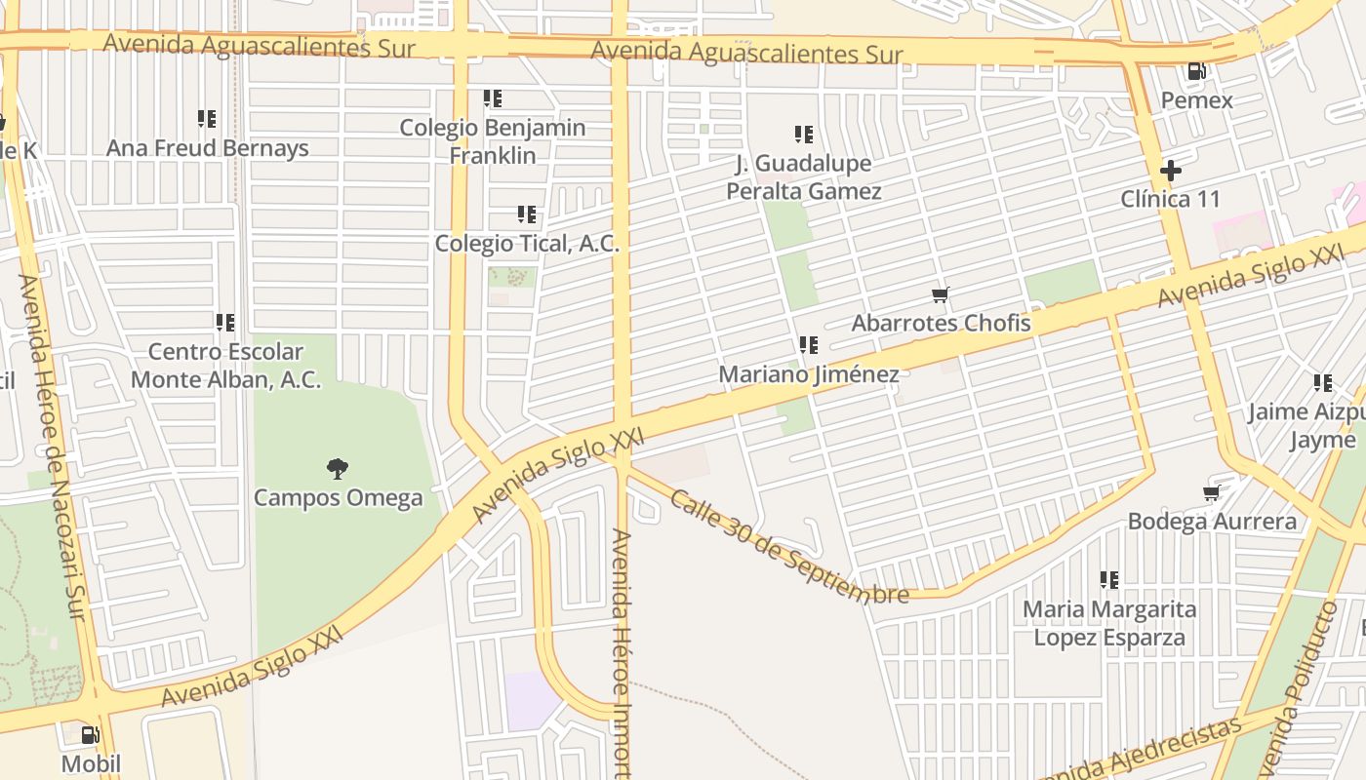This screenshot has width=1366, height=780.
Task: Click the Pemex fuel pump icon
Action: (1196, 71)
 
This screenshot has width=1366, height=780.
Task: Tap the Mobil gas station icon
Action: (90, 735)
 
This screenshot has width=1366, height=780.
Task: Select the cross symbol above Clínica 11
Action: (1170, 172)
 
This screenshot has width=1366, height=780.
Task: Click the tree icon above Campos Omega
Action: (338, 469)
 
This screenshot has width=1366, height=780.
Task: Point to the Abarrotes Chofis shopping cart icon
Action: (941, 294)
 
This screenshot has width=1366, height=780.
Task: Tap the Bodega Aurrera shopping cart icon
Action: (1212, 493)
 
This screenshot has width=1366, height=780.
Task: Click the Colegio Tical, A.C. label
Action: (527, 244)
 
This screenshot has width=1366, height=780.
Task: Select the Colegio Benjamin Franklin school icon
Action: (493, 98)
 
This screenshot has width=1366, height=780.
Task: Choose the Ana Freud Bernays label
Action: (207, 148)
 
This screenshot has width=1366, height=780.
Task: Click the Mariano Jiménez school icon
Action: (808, 345)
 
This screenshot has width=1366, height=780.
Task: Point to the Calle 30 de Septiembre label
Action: (789, 546)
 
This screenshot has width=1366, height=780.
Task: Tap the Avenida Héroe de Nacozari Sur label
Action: (55, 448)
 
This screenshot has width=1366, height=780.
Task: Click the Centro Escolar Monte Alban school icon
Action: (225, 323)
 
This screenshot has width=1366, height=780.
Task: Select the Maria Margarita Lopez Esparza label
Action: (1109, 624)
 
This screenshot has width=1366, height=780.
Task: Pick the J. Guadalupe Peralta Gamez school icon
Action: (803, 135)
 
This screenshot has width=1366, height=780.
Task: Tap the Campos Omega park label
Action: (339, 498)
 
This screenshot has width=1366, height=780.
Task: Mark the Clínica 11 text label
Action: (1170, 200)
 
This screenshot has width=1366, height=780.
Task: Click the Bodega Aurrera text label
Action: (1212, 522)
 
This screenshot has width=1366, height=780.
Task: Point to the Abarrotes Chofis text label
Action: (941, 323)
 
